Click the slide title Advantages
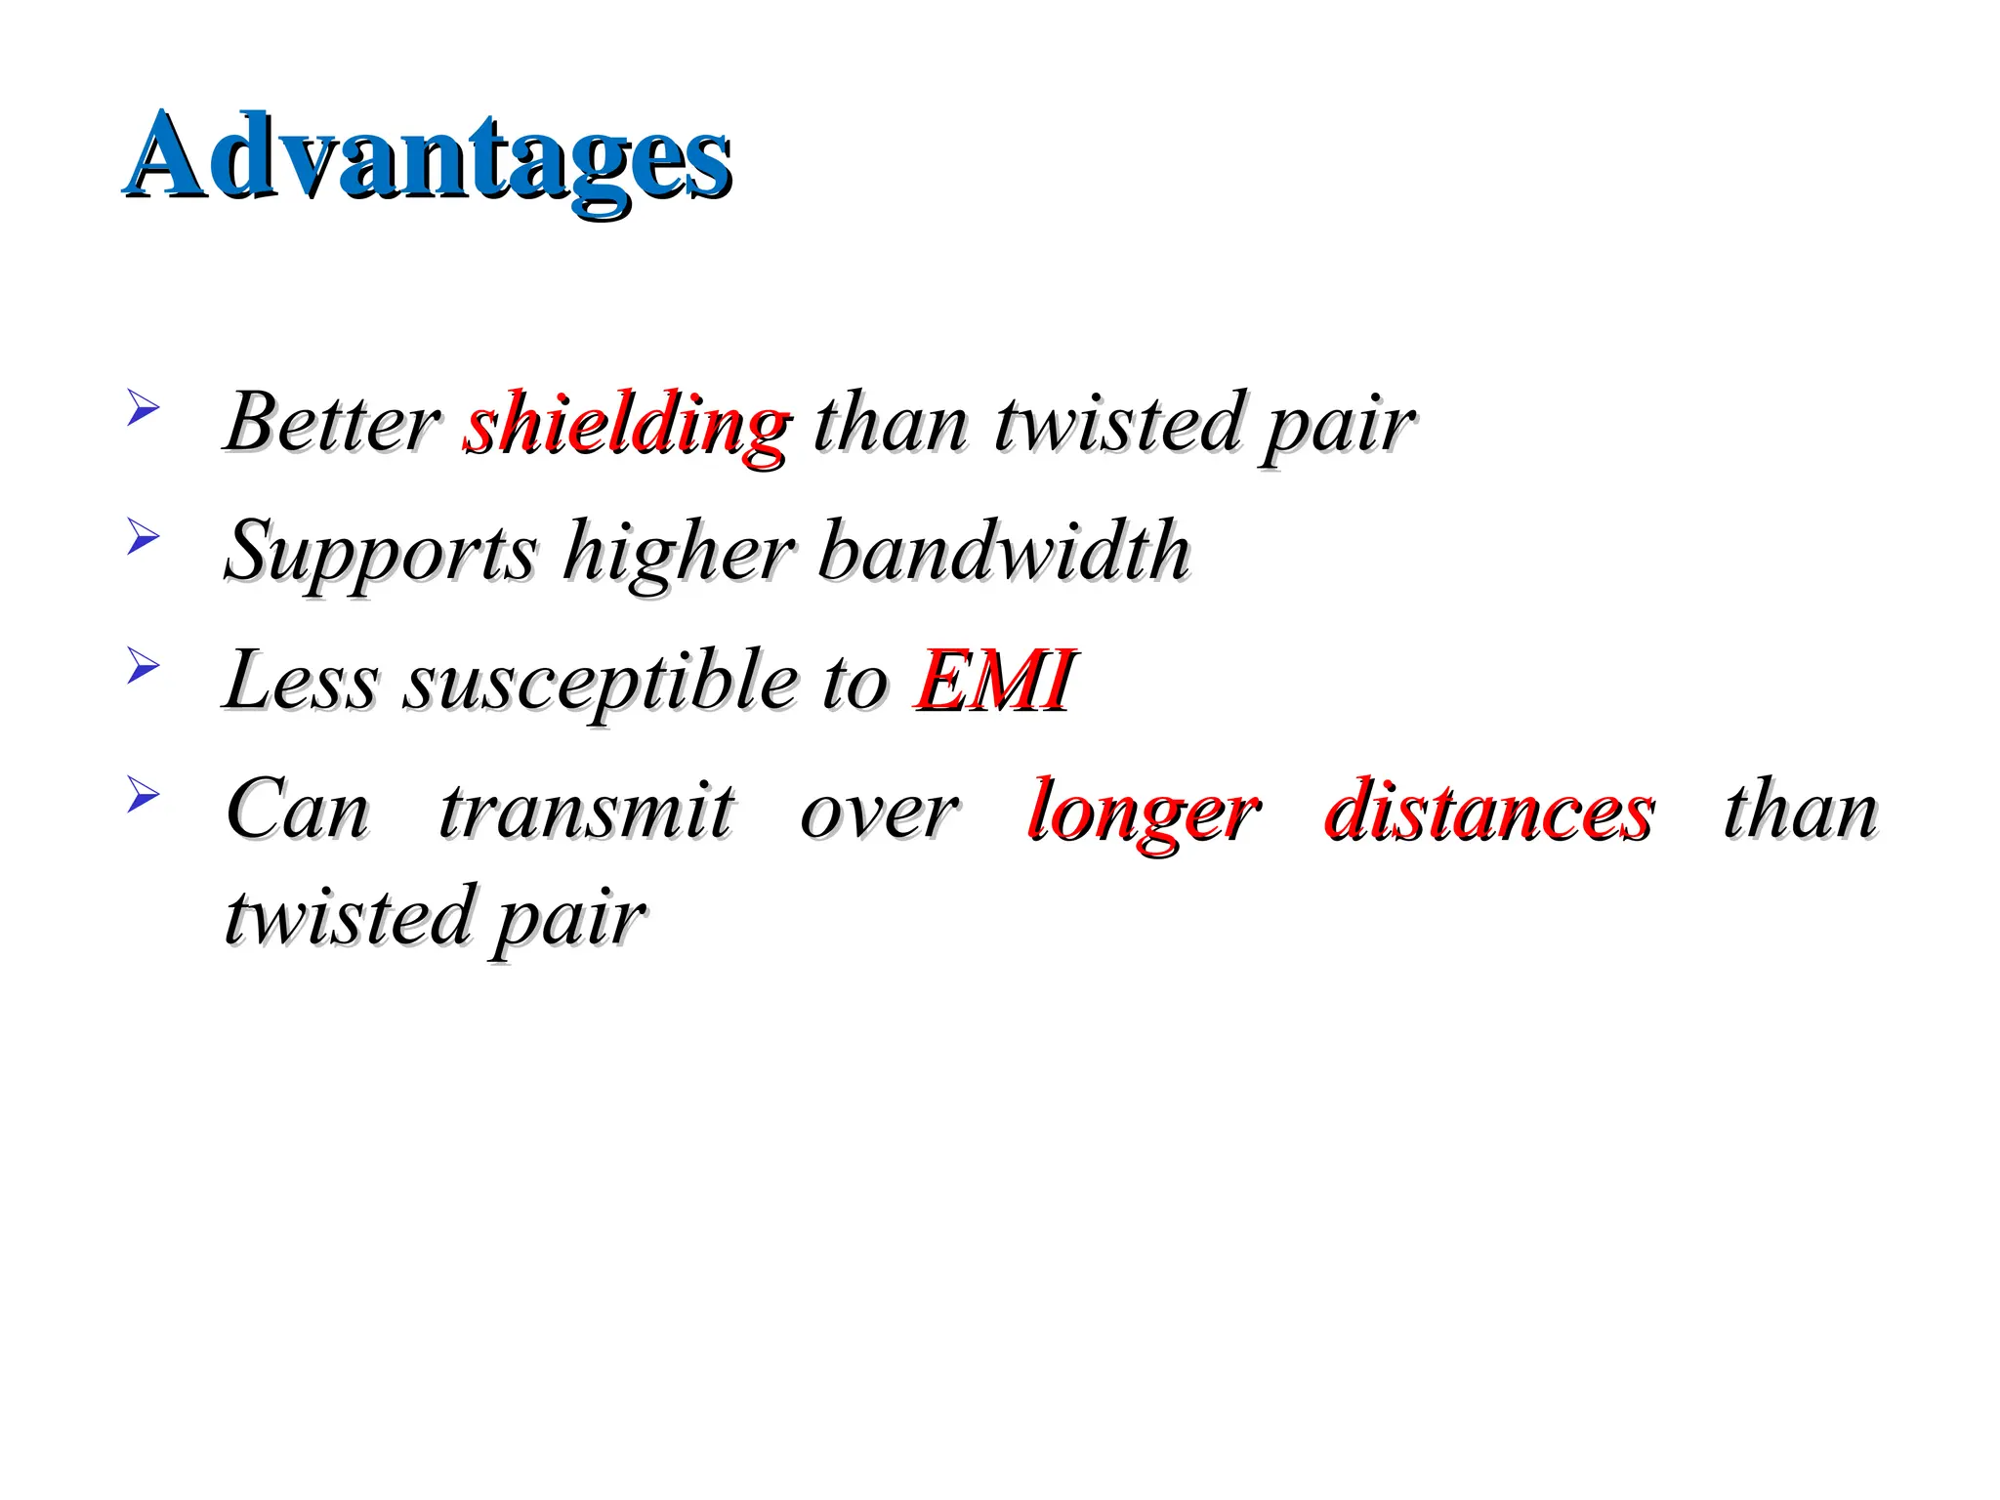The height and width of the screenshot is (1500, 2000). [x=428, y=156]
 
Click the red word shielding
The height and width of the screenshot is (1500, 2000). [x=626, y=424]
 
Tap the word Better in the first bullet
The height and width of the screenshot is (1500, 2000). [x=332, y=424]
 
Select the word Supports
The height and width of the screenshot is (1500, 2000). [x=381, y=553]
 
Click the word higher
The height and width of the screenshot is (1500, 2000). [x=679, y=553]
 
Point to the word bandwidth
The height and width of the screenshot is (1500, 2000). [x=1005, y=551]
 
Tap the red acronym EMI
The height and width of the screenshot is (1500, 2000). [x=994, y=681]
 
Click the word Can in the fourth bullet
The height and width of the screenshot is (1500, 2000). [x=297, y=811]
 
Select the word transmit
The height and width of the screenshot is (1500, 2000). [x=586, y=811]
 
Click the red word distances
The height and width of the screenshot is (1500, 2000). [x=1489, y=811]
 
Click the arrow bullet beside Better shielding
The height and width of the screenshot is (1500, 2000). [x=143, y=407]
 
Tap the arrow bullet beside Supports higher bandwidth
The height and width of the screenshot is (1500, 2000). [x=143, y=536]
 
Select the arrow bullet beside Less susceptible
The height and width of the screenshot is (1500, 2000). [x=143, y=666]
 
